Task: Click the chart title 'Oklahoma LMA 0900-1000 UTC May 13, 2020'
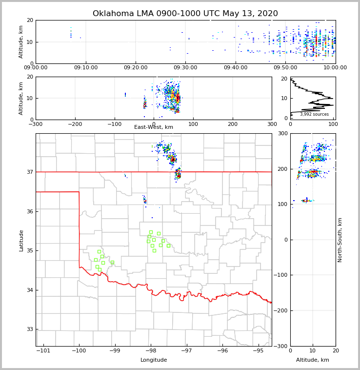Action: pyautogui.click(x=185, y=14)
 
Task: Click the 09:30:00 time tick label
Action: pyautogui.click(x=185, y=68)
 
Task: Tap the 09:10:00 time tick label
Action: pyautogui.click(x=86, y=68)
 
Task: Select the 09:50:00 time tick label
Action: pyautogui.click(x=285, y=68)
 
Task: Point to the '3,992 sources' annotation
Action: pyautogui.click(x=314, y=114)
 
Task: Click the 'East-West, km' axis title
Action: pyautogui.click(x=154, y=127)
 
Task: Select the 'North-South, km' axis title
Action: pyautogui.click(x=340, y=240)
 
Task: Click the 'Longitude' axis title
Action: pyautogui.click(x=154, y=360)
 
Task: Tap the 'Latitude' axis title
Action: pyautogui.click(x=21, y=240)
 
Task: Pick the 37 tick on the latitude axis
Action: pyautogui.click(x=30, y=172)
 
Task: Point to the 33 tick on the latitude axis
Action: pyautogui.click(x=30, y=329)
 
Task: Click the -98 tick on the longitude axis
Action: pyautogui.click(x=151, y=350)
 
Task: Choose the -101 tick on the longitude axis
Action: pyautogui.click(x=43, y=350)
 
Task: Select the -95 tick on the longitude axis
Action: pyautogui.click(x=258, y=350)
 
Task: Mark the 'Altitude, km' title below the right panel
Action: pyautogui.click(x=313, y=360)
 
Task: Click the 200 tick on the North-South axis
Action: pyautogui.click(x=282, y=169)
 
